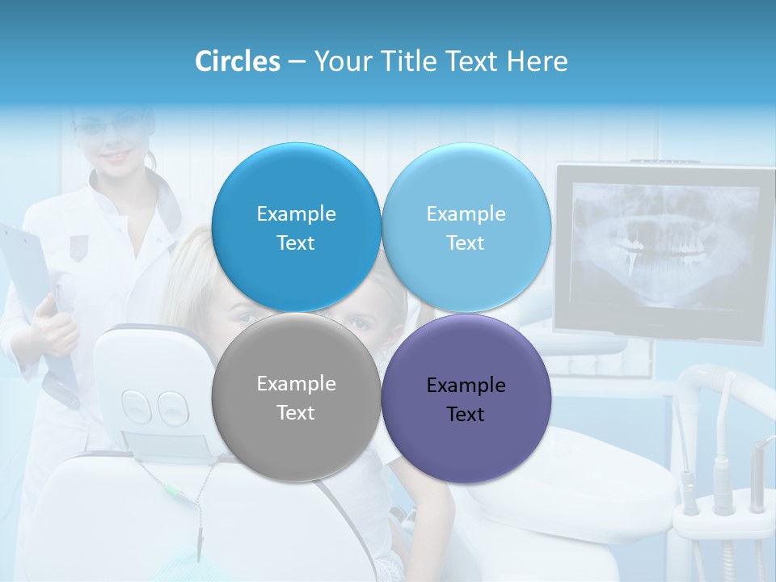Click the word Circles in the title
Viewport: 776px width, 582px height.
click(237, 61)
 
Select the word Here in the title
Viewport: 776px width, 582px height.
click(538, 61)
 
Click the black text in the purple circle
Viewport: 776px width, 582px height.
click(466, 400)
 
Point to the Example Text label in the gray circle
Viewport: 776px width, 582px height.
click(296, 398)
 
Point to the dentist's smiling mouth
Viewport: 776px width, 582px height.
click(119, 154)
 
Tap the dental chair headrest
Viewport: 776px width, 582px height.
click(154, 388)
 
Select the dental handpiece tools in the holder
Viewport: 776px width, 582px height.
click(719, 469)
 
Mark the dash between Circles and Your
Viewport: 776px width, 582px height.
click(297, 62)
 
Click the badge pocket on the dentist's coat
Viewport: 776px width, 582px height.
click(78, 247)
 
